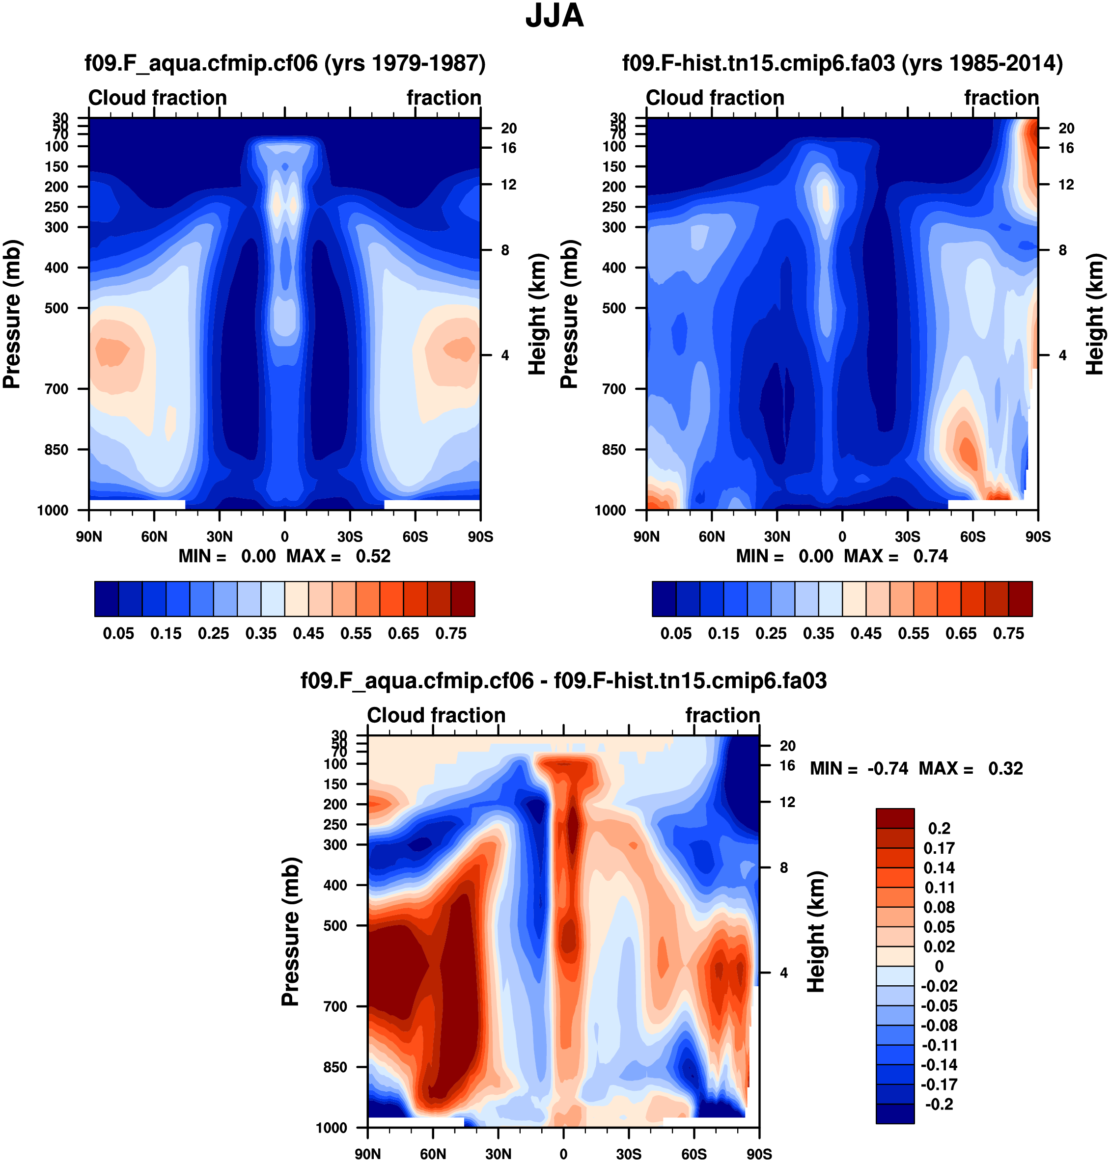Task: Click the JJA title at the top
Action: (x=555, y=16)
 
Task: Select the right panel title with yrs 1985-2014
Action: (x=842, y=63)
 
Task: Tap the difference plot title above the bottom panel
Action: (x=563, y=680)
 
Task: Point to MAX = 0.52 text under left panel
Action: (x=338, y=557)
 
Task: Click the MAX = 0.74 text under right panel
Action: (x=896, y=557)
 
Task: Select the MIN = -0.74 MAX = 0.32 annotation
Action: (x=916, y=768)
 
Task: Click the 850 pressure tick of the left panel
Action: (x=57, y=449)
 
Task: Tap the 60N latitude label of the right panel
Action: (x=711, y=537)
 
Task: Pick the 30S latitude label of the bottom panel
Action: (x=628, y=1154)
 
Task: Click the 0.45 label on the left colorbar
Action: (x=308, y=633)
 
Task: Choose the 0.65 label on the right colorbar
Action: (x=961, y=633)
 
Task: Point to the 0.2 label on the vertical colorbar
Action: (x=940, y=829)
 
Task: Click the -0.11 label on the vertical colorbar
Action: (x=939, y=1045)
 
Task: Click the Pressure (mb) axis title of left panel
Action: (x=12, y=314)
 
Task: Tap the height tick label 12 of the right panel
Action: (x=1066, y=185)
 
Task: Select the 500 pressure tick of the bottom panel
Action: (x=335, y=925)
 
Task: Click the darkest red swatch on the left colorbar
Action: (x=463, y=599)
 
